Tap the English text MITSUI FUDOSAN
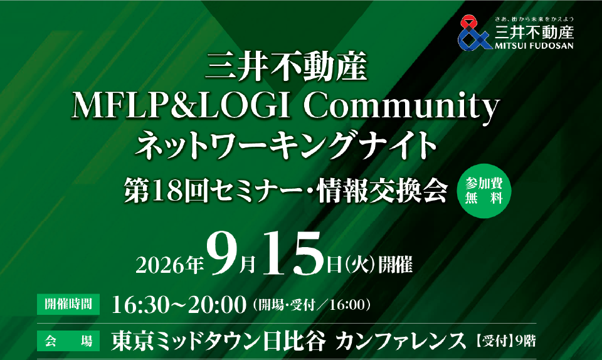(534, 46)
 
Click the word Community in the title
(401, 107)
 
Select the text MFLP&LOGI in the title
(181, 106)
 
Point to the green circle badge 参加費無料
(483, 191)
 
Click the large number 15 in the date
(293, 253)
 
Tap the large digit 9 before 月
(222, 253)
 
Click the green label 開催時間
(68, 304)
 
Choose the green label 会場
(68, 341)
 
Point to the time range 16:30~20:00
(179, 305)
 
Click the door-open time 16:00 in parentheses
(346, 305)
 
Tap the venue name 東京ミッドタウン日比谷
(218, 341)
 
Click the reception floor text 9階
(525, 341)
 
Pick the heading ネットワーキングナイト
(286, 145)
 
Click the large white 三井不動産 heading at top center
(287, 68)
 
